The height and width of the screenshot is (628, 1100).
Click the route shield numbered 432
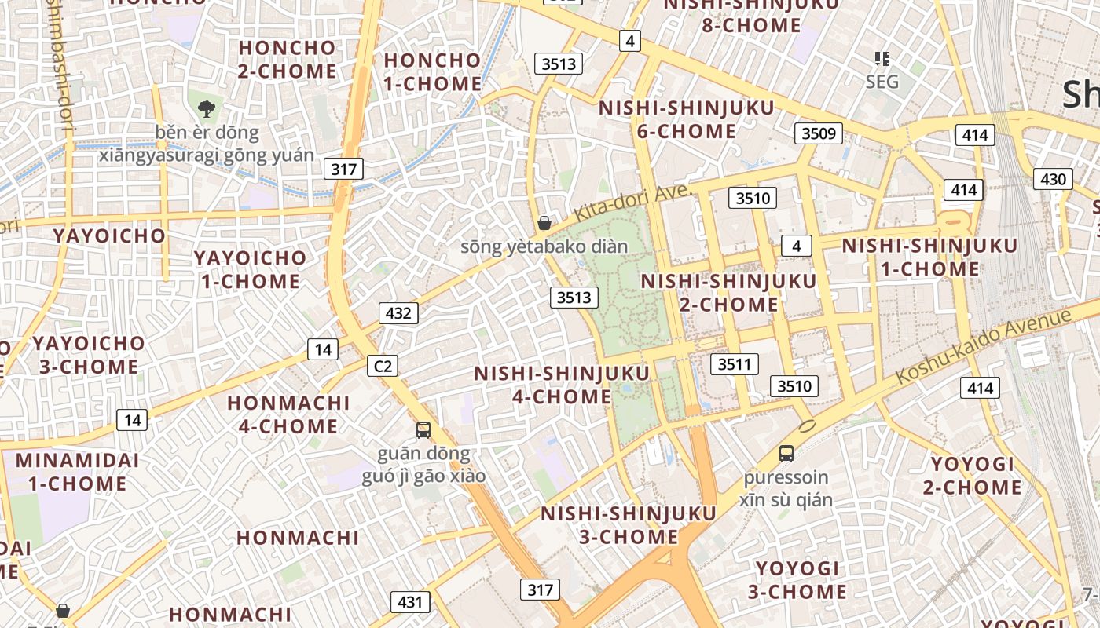coord(398,314)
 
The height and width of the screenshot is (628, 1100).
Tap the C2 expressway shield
coord(383,366)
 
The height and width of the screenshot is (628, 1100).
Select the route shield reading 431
coord(410,602)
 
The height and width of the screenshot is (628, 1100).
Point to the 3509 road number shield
coord(818,133)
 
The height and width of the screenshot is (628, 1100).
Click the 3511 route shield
coord(735,364)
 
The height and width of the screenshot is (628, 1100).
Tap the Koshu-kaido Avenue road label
coord(984,345)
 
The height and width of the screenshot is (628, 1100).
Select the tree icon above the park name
coord(207,109)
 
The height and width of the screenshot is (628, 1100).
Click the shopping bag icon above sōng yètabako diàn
coord(544,224)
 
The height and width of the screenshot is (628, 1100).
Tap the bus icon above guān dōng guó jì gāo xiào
coord(423,430)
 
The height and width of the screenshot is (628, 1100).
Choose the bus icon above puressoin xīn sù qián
coord(786,453)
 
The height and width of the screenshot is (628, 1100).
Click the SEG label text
coord(882,82)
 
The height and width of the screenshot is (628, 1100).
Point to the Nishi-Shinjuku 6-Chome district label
coord(687,119)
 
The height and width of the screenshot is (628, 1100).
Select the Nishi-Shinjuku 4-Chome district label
coord(562,385)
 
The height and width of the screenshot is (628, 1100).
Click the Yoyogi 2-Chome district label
coord(973,476)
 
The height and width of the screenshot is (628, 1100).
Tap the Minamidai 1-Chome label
coord(77,472)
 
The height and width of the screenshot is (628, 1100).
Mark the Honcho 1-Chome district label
coord(432,72)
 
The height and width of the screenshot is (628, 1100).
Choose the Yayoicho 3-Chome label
coord(88,355)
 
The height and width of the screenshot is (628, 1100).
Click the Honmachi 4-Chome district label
coord(288,414)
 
